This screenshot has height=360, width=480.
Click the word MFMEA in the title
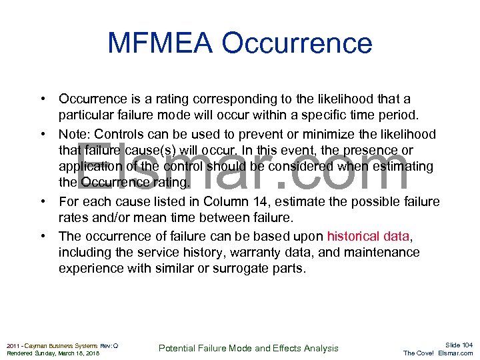point(159,43)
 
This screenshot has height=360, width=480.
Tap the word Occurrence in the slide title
point(297,43)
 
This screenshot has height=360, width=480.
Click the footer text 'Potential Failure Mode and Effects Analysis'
point(248,348)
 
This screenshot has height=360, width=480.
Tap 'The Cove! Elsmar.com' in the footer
point(438,353)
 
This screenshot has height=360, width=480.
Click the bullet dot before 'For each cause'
point(41,201)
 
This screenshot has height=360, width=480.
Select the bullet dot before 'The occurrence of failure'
point(41,236)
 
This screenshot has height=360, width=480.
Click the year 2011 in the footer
point(13,345)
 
